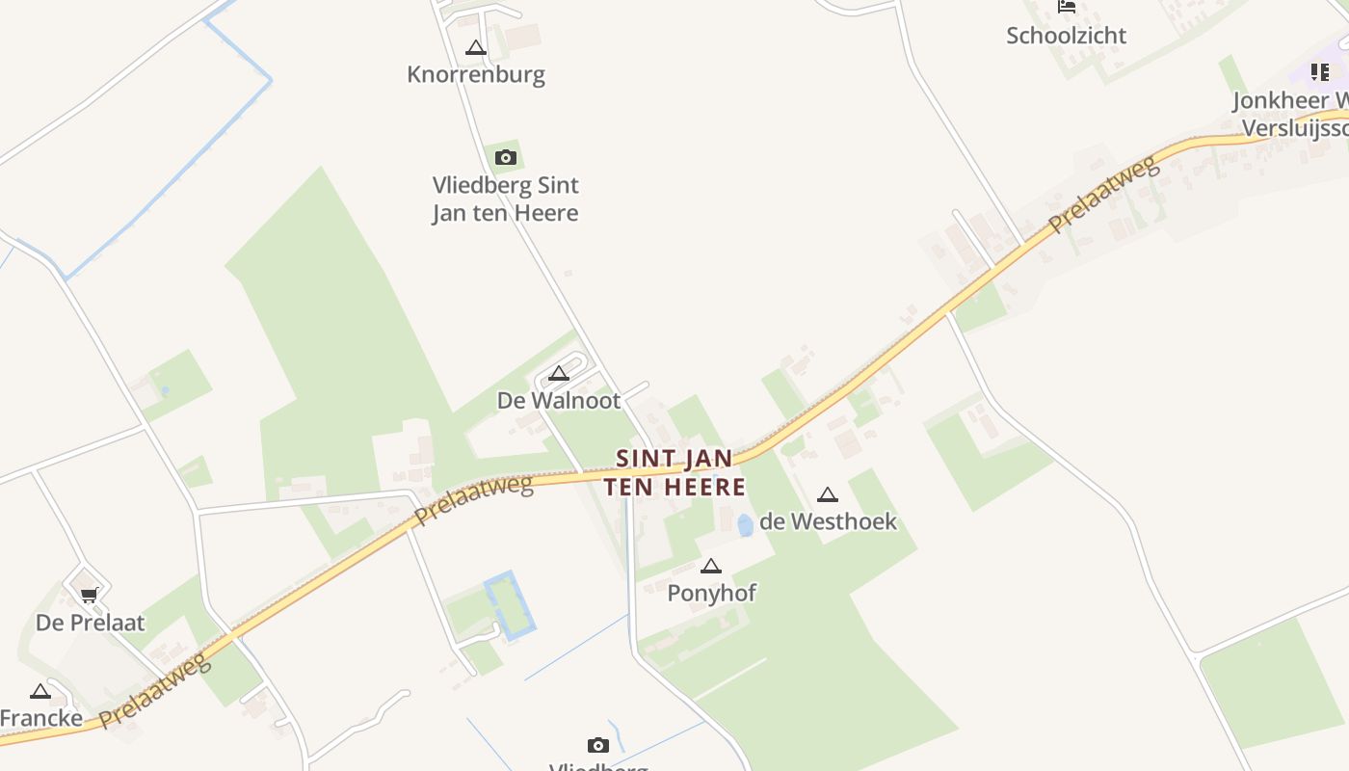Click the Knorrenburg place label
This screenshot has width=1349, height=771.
click(x=476, y=74)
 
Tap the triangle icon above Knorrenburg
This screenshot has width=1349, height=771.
click(x=475, y=47)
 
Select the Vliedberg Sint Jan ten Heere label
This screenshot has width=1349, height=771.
click(x=506, y=199)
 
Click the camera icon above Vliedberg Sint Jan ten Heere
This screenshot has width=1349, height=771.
click(x=506, y=157)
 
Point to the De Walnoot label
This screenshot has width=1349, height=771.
click(x=559, y=400)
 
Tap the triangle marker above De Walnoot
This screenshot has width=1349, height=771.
click(x=559, y=374)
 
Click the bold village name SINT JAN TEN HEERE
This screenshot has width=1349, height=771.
click(x=674, y=472)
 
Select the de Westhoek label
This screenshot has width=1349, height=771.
click(x=828, y=521)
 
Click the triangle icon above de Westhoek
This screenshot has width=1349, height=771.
click(x=827, y=495)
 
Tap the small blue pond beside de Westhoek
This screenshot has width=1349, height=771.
click(x=745, y=525)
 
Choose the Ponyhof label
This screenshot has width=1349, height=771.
click(x=712, y=593)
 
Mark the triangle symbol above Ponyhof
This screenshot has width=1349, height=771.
click(x=711, y=567)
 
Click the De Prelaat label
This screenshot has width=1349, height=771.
click(x=91, y=623)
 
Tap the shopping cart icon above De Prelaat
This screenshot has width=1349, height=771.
click(x=90, y=596)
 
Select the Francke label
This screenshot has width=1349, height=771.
click(x=41, y=718)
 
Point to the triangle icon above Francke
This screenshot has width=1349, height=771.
click(x=40, y=691)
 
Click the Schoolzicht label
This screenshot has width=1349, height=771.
click(x=1067, y=36)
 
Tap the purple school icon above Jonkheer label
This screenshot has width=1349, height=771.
click(x=1320, y=71)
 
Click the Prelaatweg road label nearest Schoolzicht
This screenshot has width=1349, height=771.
click(x=1103, y=196)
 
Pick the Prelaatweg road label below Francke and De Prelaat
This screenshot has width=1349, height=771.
click(x=154, y=690)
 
